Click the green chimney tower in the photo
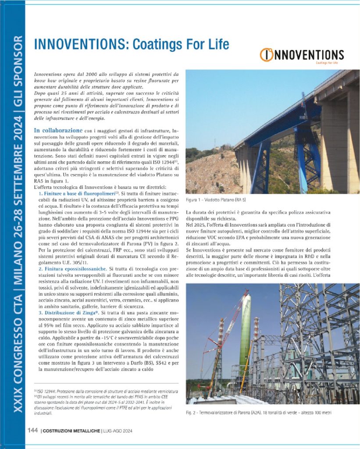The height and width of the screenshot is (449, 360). coord(245,333)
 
